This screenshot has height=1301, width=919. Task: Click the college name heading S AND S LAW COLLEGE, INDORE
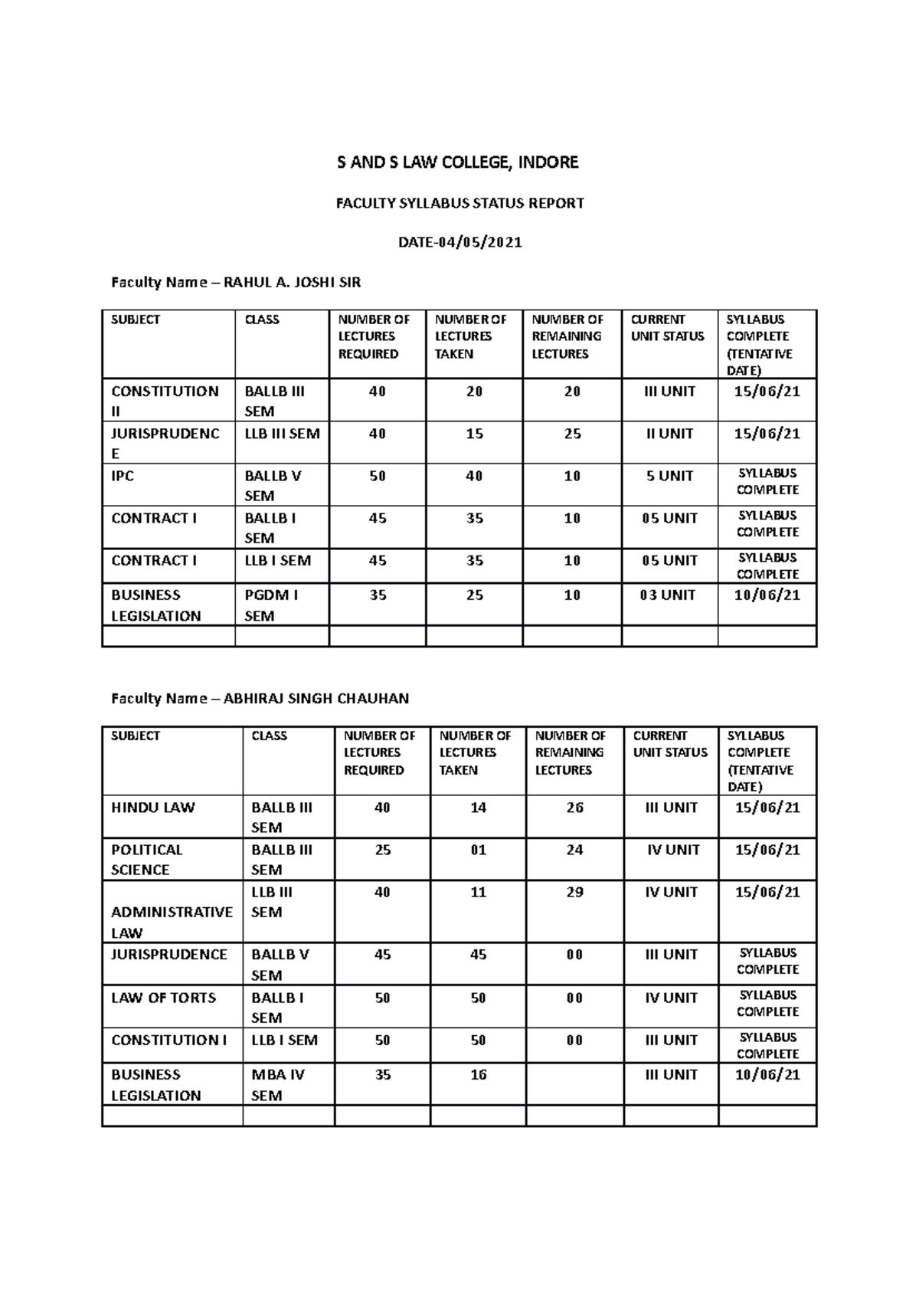(x=459, y=162)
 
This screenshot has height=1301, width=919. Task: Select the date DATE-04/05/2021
(x=459, y=243)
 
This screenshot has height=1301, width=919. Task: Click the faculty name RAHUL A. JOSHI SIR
(x=292, y=283)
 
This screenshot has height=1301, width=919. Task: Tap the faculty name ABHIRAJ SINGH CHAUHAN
(x=316, y=699)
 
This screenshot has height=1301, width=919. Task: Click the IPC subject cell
(x=123, y=477)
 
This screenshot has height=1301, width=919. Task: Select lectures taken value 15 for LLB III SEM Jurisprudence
(x=474, y=434)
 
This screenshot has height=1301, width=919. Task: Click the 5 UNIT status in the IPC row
(x=669, y=477)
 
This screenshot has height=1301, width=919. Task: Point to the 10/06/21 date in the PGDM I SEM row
(x=767, y=595)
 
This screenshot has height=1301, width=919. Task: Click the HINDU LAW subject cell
(x=153, y=808)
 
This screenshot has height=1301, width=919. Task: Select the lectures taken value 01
(x=478, y=850)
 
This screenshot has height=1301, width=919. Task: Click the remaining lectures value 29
(x=574, y=892)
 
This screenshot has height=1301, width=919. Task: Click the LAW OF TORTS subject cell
(x=164, y=998)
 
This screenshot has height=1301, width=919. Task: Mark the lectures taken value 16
(x=478, y=1075)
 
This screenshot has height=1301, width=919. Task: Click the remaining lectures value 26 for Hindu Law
(x=574, y=808)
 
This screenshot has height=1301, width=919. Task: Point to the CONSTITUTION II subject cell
(x=165, y=401)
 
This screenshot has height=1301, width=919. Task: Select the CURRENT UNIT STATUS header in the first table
(x=667, y=328)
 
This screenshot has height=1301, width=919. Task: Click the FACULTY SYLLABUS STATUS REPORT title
(x=459, y=203)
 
